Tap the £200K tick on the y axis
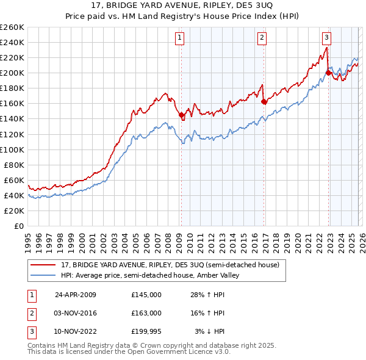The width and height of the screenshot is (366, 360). (x=12, y=73)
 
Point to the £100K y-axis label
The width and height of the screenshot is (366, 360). (x=12, y=149)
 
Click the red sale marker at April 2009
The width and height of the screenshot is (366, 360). (x=181, y=115)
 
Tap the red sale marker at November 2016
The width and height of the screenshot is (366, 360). (x=264, y=101)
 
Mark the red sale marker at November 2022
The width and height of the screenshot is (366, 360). (x=328, y=73)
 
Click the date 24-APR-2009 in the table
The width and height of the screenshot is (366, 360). (x=76, y=295)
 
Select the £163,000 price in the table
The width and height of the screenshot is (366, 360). (x=146, y=313)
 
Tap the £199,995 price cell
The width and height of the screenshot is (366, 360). (x=146, y=331)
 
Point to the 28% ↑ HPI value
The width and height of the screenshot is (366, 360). (x=207, y=295)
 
